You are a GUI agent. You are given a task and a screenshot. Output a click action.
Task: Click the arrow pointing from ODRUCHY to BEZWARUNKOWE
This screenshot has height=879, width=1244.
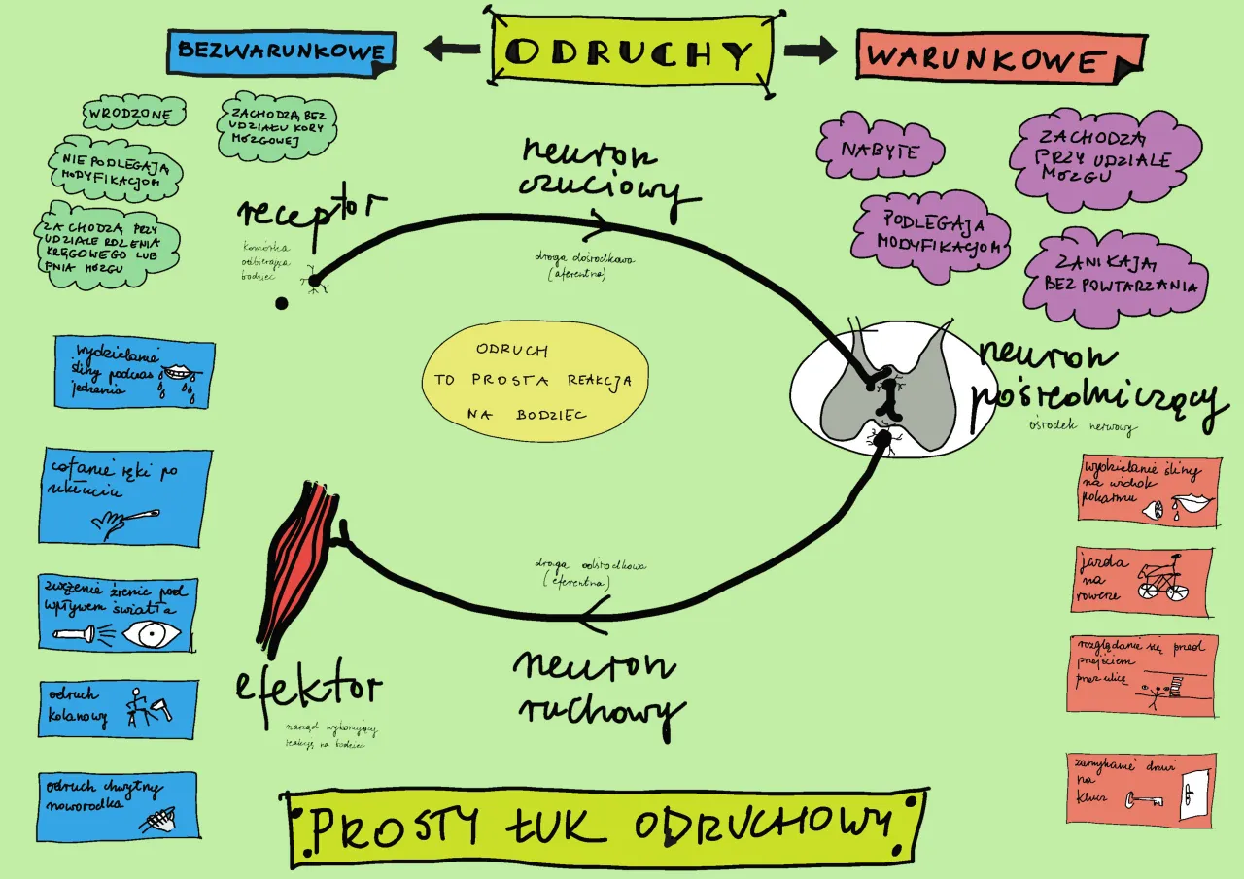(452, 49)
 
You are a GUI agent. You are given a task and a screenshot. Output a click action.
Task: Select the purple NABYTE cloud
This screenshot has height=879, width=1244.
(881, 151)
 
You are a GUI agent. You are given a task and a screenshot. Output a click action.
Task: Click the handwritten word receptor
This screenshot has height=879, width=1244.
(311, 212)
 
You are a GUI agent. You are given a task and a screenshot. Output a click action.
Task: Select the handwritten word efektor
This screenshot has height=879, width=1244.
(308, 689)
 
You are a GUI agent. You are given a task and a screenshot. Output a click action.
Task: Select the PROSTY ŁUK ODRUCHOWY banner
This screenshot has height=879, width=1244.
(607, 828)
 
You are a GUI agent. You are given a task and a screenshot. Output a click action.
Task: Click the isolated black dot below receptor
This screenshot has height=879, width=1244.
(282, 303)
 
